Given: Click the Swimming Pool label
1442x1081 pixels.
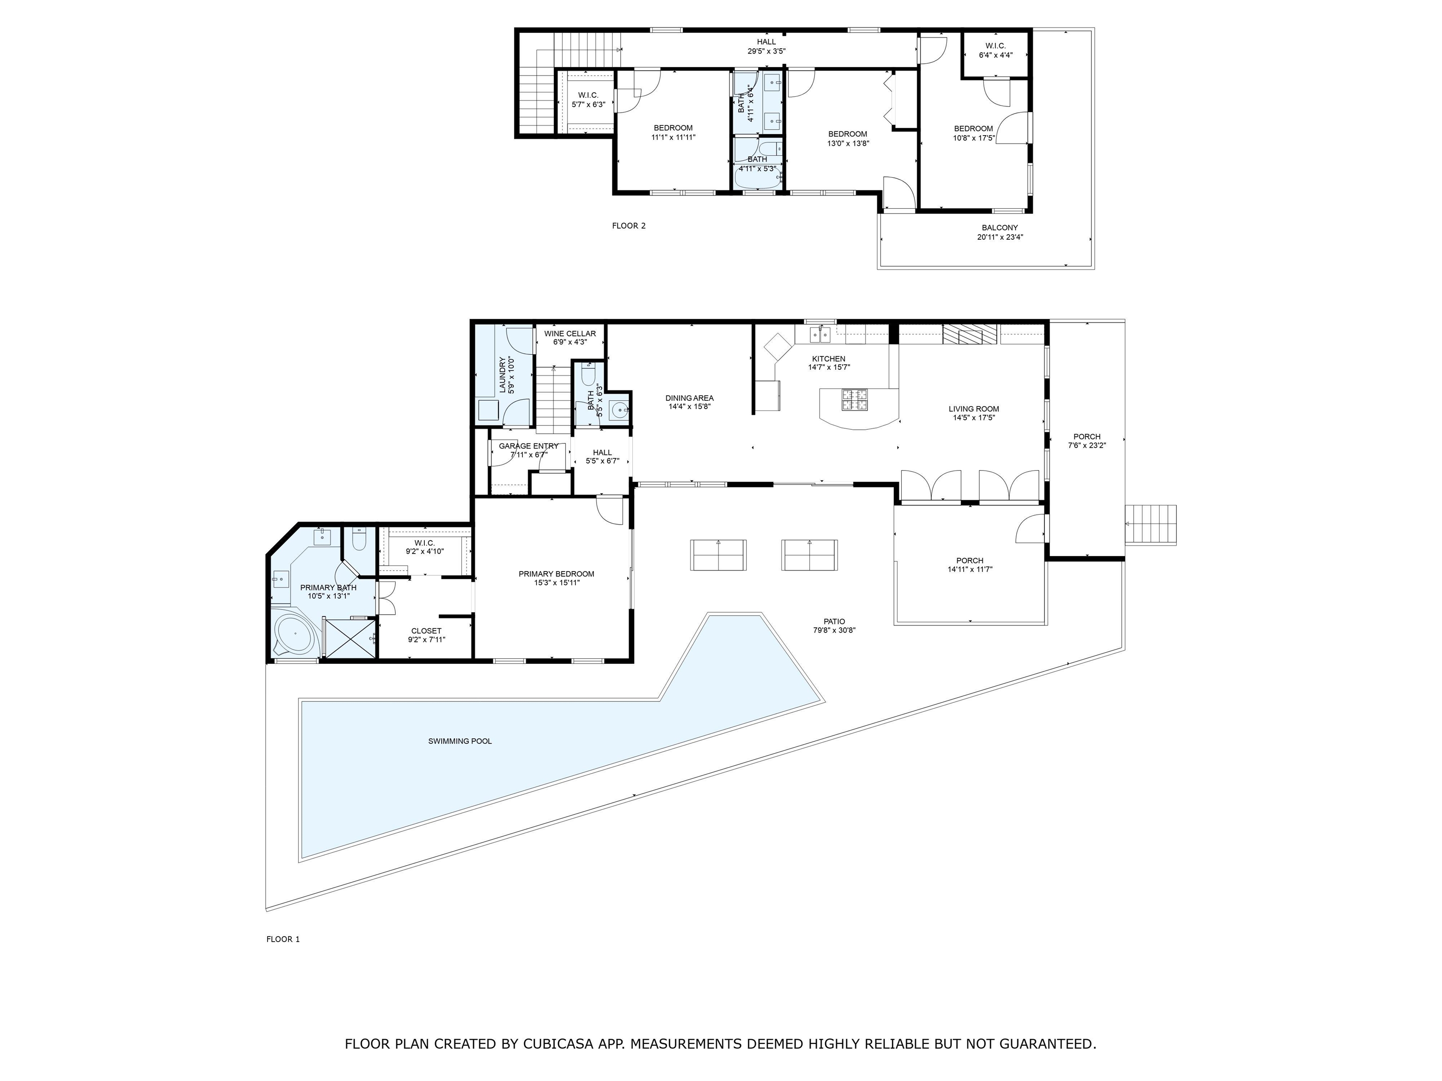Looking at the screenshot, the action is [460, 741].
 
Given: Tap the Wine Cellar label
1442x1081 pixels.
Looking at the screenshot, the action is [570, 334].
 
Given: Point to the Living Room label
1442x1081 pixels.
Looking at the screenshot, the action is [973, 409].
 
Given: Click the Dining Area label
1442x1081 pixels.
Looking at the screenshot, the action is [689, 398].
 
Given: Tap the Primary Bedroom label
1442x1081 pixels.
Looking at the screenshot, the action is [556, 574].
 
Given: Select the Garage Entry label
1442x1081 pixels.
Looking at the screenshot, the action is [528, 446].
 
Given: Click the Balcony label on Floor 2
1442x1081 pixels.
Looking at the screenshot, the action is [999, 228].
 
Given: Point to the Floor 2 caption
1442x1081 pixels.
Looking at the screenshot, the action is [629, 226].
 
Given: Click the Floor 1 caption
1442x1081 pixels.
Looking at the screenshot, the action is [283, 939].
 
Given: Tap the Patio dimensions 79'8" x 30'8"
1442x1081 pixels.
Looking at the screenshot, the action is [834, 631].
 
